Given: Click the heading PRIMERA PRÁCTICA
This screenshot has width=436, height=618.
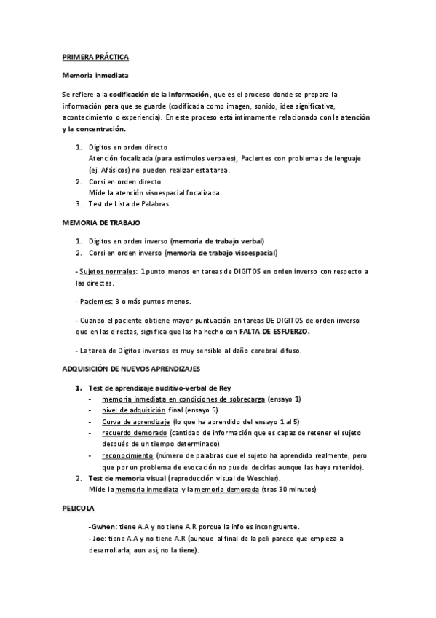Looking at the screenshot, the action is tap(95, 56).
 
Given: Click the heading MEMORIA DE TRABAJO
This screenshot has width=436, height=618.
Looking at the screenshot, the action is tap(101, 222).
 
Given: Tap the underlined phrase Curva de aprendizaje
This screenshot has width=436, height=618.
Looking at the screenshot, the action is tap(136, 422).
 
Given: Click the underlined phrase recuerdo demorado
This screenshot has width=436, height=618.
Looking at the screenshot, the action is tap(130, 434).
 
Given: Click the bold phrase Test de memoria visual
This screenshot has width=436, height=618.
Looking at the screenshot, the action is tap(127, 478).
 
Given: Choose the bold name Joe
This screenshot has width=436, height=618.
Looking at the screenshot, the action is tap(98, 539).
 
